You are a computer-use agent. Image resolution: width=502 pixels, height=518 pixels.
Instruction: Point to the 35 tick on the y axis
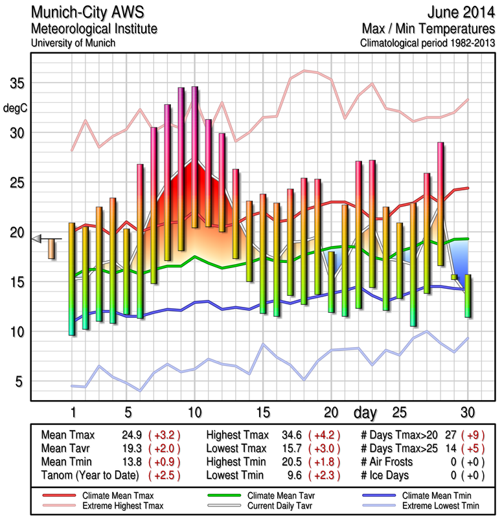point(16,84)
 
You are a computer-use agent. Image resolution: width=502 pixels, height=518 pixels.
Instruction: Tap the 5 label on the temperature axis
point(19,381)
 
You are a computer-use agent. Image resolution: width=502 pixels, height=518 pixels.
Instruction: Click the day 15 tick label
point(262,412)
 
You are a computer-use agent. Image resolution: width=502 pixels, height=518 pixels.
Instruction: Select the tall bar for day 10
point(195,157)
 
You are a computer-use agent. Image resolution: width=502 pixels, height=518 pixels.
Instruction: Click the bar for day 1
point(72,278)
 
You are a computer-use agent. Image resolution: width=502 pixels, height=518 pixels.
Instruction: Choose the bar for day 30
point(468,295)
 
